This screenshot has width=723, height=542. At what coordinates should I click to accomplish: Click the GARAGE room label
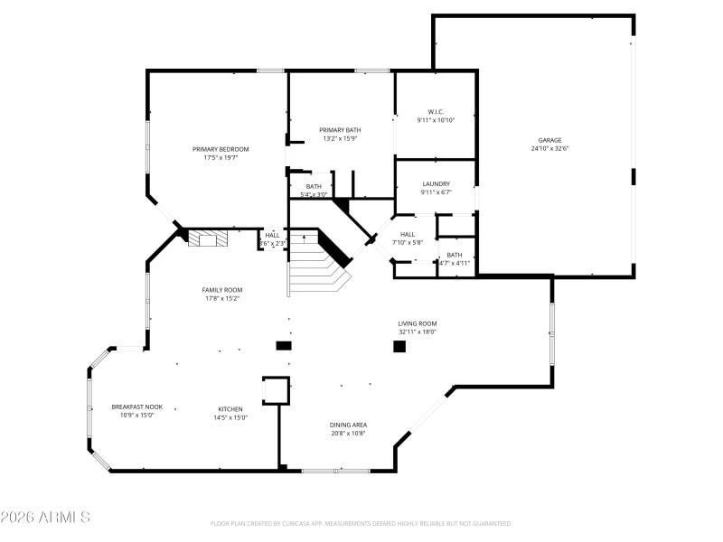pyautogui.click(x=550, y=140)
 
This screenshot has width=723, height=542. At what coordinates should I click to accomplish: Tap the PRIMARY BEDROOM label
pyautogui.click(x=221, y=149)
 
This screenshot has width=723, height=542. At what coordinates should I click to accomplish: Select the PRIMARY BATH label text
pyautogui.click(x=340, y=130)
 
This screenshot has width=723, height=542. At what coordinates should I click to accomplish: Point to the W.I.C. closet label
pyautogui.click(x=436, y=111)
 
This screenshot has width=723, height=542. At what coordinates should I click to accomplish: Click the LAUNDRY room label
pyautogui.click(x=436, y=183)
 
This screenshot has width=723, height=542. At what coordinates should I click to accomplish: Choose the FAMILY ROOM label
pyautogui.click(x=221, y=290)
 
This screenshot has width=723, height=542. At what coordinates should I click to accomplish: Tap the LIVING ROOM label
pyautogui.click(x=418, y=323)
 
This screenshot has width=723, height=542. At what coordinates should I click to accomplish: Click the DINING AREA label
pyautogui.click(x=347, y=425)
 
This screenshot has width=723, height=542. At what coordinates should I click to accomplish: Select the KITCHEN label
pyautogui.click(x=230, y=408)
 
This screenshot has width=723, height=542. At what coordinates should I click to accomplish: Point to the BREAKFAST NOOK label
pyautogui.click(x=137, y=407)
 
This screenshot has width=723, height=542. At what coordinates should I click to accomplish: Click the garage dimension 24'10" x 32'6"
pyautogui.click(x=550, y=149)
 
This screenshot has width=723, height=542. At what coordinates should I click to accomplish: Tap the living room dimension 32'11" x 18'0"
pyautogui.click(x=418, y=332)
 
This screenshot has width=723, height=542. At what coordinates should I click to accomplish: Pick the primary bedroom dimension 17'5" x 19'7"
pyautogui.click(x=221, y=158)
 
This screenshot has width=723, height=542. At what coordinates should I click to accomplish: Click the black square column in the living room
pyautogui.click(x=399, y=346)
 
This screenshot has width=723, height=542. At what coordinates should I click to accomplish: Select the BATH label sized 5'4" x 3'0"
pyautogui.click(x=314, y=186)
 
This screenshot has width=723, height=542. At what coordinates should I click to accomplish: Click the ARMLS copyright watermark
pyautogui.click(x=45, y=518)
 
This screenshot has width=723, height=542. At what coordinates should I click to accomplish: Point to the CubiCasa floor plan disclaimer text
pyautogui.click(x=361, y=523)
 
